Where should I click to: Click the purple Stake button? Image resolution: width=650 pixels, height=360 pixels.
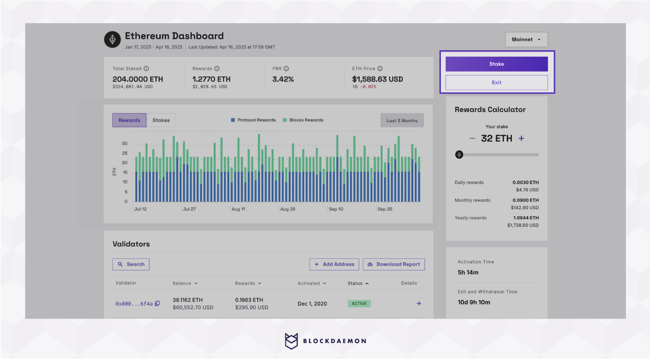coord(496,64)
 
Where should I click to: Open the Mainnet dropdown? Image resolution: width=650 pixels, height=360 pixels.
coord(526,40)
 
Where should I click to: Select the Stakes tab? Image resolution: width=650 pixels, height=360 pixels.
coord(161,120)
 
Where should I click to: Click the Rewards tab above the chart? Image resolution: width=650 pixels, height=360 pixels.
coord(129,120)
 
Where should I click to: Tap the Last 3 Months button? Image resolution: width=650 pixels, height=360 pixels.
coord(402,121)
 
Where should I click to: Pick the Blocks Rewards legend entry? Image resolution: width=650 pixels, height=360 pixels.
coord(303,120)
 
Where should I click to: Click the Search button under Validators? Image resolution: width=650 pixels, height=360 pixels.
coord(131,265)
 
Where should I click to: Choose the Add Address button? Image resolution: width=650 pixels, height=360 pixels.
coord(334,265)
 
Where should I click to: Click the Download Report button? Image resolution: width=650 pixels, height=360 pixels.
coord(393,265)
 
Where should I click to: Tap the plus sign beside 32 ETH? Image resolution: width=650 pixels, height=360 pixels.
coord(521,139)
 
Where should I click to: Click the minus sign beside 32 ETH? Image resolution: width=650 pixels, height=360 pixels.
coord(472,139)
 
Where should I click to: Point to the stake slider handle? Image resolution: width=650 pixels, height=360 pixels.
coord(459,155)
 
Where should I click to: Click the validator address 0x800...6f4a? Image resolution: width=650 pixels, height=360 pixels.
coord(134,304)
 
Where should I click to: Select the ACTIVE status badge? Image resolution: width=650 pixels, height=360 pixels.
coord(359,304)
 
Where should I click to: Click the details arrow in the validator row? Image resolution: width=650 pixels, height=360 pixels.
coord(419,304)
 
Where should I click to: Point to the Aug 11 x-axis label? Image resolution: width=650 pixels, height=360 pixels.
coord(238,209)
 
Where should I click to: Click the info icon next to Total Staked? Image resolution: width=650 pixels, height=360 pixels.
coord(146,69)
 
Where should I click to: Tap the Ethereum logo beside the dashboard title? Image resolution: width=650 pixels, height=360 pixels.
coord(112,40)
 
